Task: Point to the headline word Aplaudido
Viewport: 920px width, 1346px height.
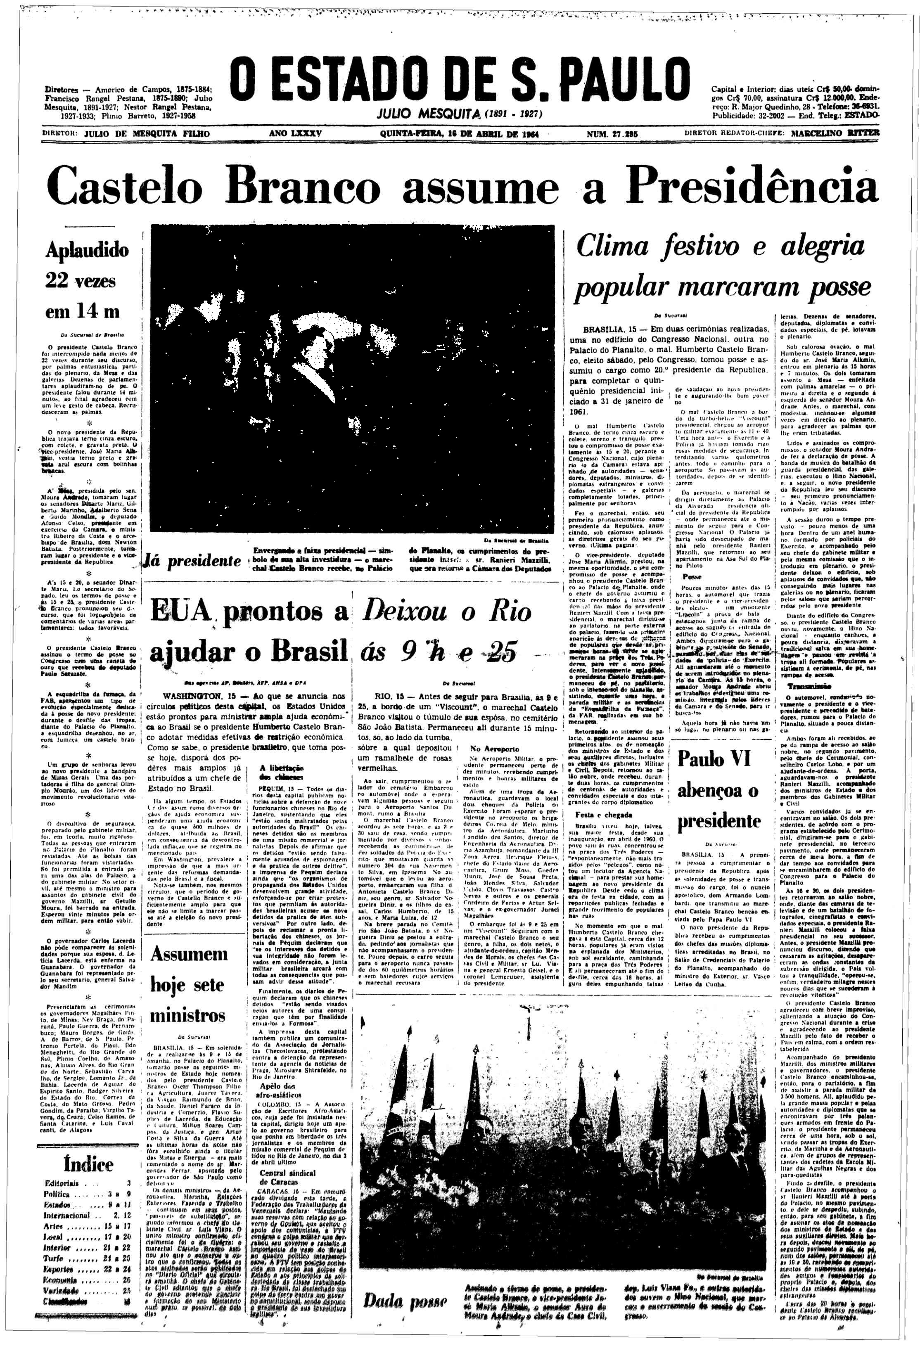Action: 87,250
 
